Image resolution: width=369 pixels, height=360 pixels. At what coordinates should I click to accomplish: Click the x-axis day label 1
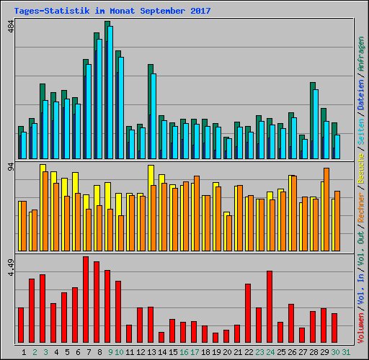[x=25, y=352]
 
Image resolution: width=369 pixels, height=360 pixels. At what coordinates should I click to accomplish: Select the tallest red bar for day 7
[x=86, y=300]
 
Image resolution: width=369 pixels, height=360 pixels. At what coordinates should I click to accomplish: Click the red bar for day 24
[x=270, y=307]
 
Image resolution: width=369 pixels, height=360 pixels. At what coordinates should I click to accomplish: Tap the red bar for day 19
[x=215, y=338]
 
